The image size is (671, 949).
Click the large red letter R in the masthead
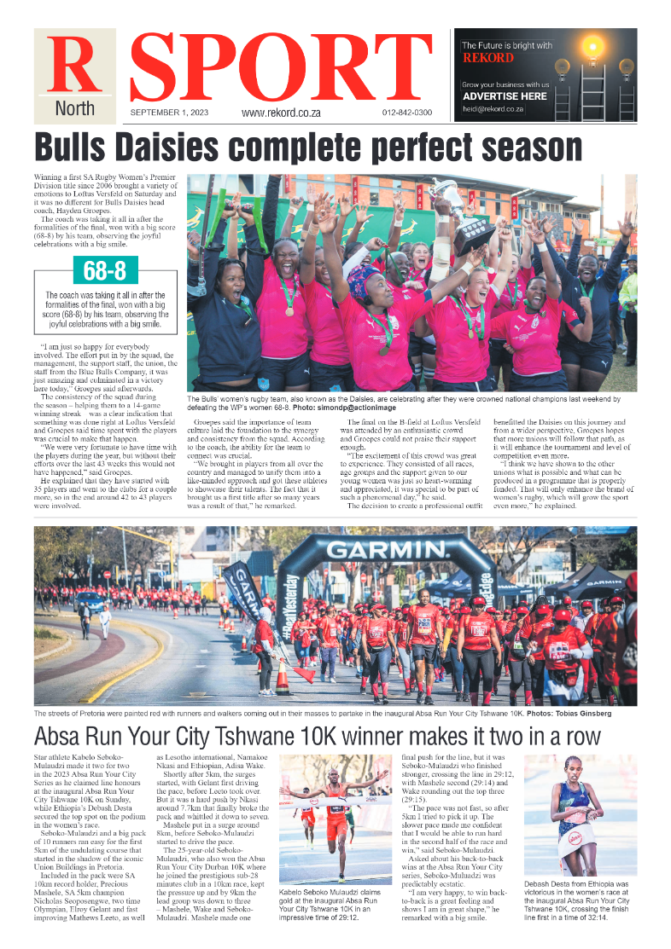coord(74,66)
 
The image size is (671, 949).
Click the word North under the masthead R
coord(74,109)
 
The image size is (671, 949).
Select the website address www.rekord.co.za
coord(282,113)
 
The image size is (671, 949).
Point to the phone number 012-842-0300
coord(407,113)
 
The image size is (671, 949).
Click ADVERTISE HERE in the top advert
coord(505,96)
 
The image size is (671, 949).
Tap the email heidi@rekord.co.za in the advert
coord(493,109)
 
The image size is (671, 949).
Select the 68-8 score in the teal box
coord(104,271)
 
